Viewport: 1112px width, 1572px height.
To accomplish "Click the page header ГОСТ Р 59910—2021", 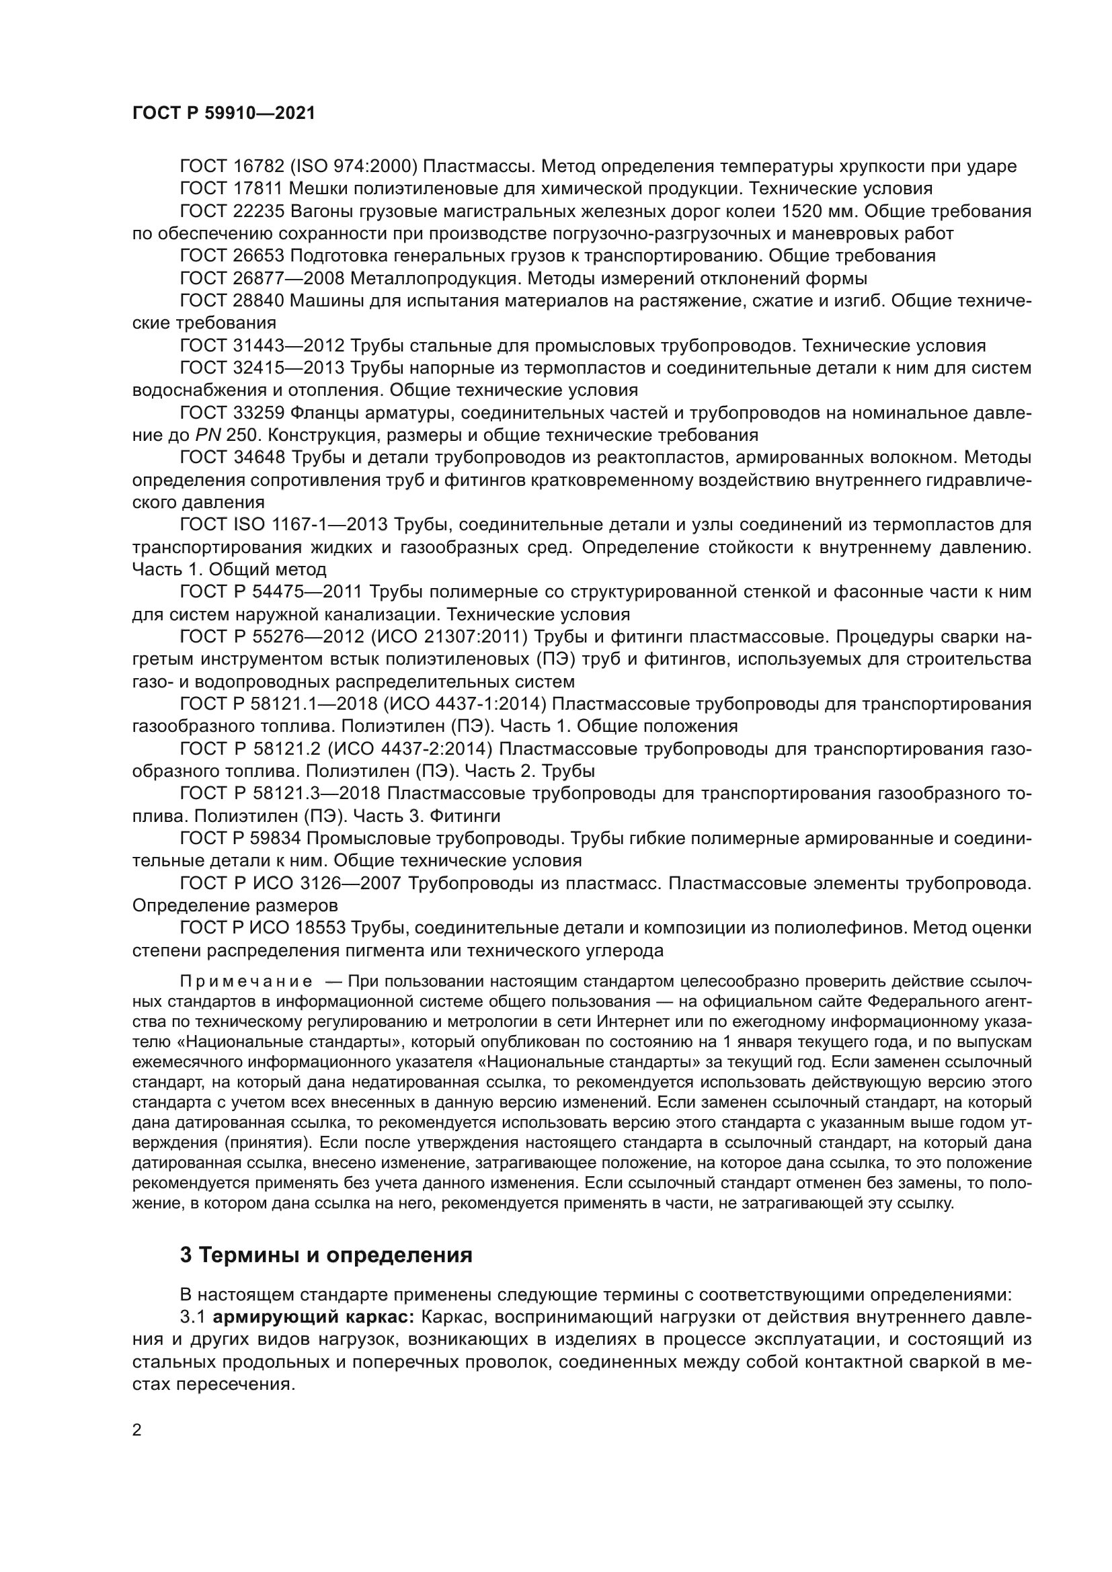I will point(224,114).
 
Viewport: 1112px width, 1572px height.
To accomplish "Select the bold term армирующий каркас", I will point(314,1317).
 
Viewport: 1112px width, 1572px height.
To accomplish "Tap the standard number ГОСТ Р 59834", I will point(237,839).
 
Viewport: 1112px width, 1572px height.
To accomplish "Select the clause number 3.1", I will point(193,1317).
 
